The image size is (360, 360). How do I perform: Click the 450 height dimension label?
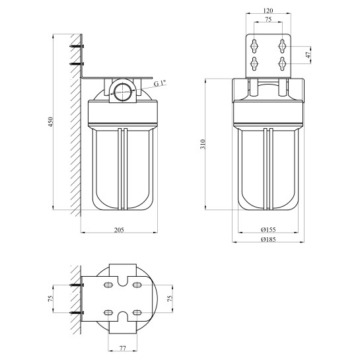tap(51, 122)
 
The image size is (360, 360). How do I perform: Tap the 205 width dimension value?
tap(119, 230)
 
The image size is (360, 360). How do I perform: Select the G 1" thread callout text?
tap(160, 83)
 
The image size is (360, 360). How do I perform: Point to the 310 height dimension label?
tap(203, 144)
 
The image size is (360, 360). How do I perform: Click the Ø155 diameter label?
tap(268, 229)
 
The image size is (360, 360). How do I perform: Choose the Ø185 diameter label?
tap(268, 239)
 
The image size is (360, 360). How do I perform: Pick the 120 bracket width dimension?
tap(268, 11)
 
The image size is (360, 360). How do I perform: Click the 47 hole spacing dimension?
tap(308, 55)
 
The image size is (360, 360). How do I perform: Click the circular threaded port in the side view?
tap(123, 92)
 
